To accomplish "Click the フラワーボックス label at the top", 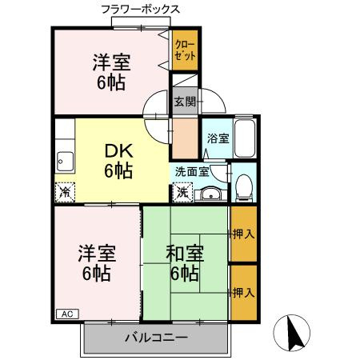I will [x=141, y=10].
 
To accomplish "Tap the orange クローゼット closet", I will [x=185, y=50].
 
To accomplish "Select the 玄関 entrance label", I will [x=184, y=102].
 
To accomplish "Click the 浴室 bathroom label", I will [x=218, y=138].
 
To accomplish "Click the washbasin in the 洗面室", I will [x=210, y=193].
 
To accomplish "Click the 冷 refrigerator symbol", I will [x=65, y=192].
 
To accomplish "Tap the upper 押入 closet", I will [x=242, y=234].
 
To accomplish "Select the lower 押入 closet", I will [x=242, y=292].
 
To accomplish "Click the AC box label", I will [x=67, y=314].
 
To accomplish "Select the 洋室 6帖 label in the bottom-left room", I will [x=97, y=263].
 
